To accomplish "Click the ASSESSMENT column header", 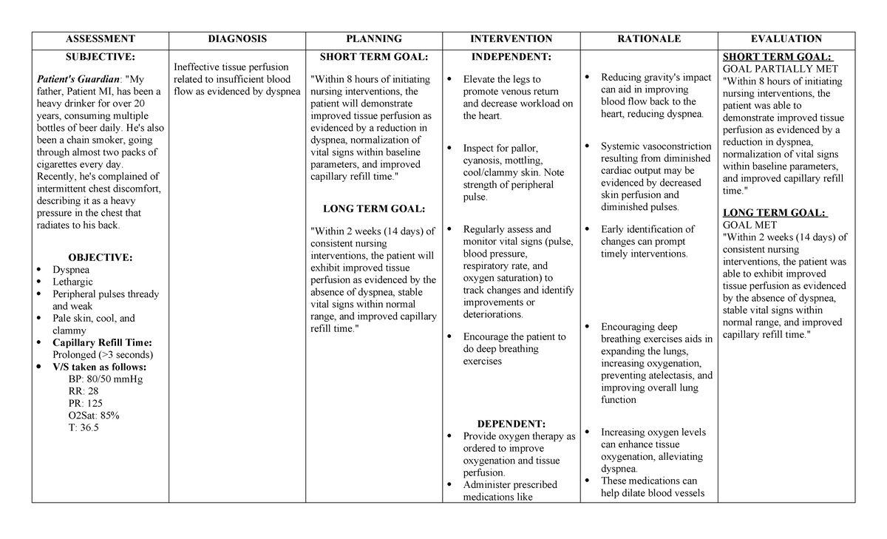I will tap(100, 39).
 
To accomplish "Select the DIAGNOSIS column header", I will tap(237, 39).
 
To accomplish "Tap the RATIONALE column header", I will tap(650, 39).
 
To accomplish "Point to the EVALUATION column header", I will tap(786, 39).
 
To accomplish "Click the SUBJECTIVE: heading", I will tap(100, 56).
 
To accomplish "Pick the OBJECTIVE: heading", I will tap(100, 257).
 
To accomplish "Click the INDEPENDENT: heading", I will tap(511, 56).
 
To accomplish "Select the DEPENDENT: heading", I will tap(511, 424).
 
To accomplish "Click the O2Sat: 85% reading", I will tap(93, 416).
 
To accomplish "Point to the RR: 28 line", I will tap(83, 391).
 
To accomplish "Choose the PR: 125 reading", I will tap(85, 404).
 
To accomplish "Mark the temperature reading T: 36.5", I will tap(83, 427).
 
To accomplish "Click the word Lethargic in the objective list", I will tap(72, 282).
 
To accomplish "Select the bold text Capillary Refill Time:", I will tap(102, 342).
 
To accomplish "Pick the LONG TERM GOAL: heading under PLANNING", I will tap(374, 209).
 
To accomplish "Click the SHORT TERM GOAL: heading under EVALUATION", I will tap(776, 57).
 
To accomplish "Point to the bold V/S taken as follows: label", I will tap(99, 367).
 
